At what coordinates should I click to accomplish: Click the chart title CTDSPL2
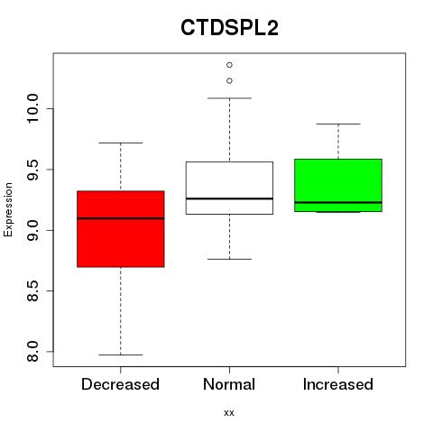[229, 27]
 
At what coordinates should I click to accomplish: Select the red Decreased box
[121, 229]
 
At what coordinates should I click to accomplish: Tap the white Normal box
[229, 188]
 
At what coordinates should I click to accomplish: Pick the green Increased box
[338, 185]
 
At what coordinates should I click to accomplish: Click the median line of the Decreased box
[121, 218]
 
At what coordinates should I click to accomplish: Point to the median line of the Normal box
[229, 198]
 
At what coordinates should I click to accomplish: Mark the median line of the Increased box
[338, 202]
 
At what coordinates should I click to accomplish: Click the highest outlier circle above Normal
[229, 65]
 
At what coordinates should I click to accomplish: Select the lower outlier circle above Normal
[229, 81]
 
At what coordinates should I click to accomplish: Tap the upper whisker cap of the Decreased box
[121, 143]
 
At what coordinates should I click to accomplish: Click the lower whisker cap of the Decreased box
[121, 355]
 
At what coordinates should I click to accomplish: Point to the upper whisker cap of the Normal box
[229, 98]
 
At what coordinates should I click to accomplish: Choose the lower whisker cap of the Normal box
[229, 259]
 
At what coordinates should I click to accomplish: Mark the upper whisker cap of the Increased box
[338, 124]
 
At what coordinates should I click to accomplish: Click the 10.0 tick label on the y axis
[32, 108]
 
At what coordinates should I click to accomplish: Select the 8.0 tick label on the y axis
[32, 351]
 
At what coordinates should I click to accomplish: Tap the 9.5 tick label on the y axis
[32, 170]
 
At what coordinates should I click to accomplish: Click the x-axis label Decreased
[120, 384]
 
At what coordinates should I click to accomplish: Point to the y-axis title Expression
[8, 209]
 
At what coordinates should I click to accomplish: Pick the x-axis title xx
[229, 413]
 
